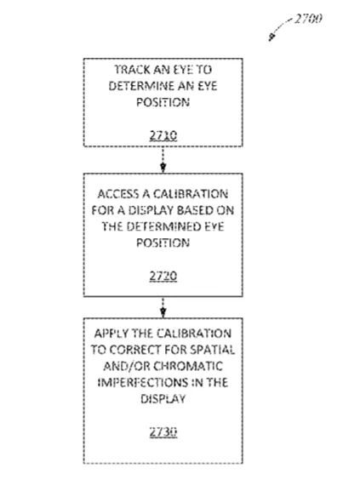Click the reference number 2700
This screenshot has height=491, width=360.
click(x=308, y=19)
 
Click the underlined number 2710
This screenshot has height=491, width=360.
click(x=163, y=135)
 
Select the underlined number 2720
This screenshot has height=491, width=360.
click(x=163, y=276)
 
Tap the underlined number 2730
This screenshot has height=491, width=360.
click(x=163, y=431)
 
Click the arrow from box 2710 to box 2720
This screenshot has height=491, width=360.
click(x=163, y=160)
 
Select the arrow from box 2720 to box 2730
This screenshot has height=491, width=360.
click(x=163, y=307)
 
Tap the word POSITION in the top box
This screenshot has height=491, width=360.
click(x=163, y=102)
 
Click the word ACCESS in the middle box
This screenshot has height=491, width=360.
click(x=118, y=194)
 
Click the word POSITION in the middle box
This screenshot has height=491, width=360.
click(x=163, y=243)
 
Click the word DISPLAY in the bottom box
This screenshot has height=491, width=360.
click(x=163, y=398)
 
